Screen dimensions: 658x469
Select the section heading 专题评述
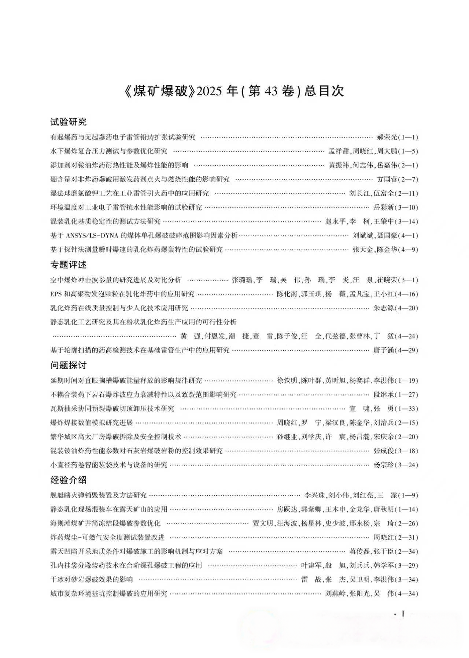click(69, 265)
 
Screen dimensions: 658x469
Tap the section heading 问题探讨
click(69, 365)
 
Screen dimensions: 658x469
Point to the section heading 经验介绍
click(69, 480)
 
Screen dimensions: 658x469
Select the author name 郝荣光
click(387, 137)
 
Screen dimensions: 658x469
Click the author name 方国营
click(387, 180)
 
